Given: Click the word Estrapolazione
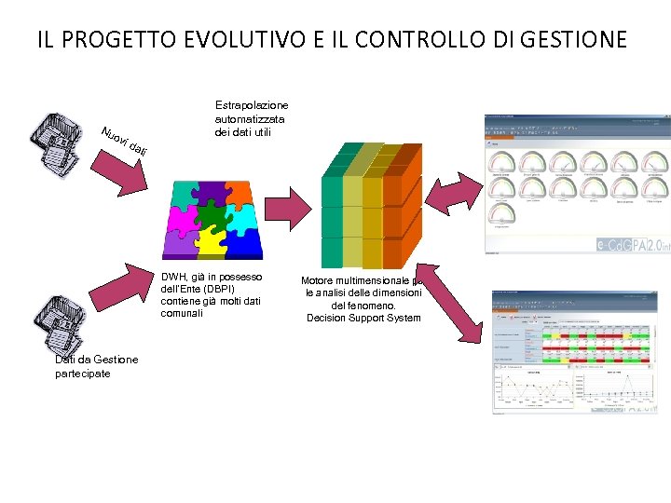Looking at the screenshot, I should [x=252, y=106].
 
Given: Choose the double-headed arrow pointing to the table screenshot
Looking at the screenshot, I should [x=456, y=298].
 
